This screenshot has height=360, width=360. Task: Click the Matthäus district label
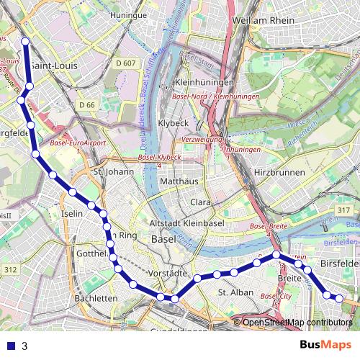coord(179,181)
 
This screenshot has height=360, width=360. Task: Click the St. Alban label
coord(235,292)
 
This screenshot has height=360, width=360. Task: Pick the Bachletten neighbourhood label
coord(96,298)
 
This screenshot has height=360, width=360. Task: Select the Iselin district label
coord(73,214)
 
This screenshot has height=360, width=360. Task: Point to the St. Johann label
coord(110,172)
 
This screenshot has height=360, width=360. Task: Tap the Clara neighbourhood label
coord(200,202)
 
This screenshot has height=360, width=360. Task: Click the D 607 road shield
coord(125,63)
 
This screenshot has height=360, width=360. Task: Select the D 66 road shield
coord(87,105)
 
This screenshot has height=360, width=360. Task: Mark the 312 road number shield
coord(9,269)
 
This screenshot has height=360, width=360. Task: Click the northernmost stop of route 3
coord(25,42)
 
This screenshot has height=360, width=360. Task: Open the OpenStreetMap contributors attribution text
coord(297,323)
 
